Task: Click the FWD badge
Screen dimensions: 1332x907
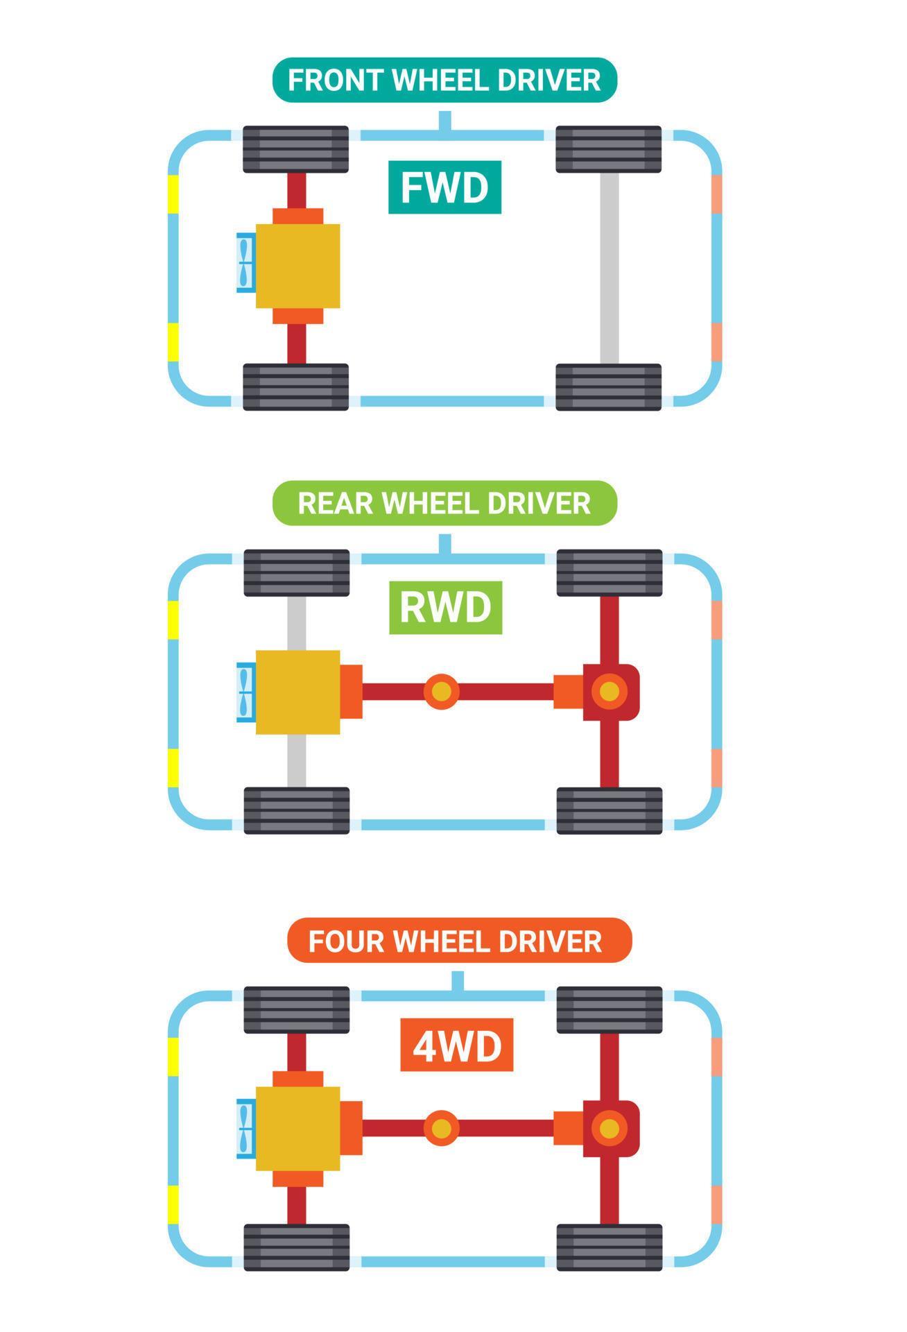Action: [444, 187]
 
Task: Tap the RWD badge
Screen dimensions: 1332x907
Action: [444, 607]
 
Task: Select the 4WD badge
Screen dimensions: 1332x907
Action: [457, 1045]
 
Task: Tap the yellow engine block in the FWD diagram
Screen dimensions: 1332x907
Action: [298, 266]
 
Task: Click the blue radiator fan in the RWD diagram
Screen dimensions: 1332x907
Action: [245, 692]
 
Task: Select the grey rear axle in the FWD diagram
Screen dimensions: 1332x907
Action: [610, 268]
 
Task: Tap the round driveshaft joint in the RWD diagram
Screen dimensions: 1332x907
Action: [442, 692]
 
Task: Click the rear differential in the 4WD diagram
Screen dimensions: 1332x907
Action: [610, 1128]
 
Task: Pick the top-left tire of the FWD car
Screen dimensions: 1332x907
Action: [295, 149]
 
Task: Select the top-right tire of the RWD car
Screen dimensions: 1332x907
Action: [610, 572]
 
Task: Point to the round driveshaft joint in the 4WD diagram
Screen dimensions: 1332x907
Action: [442, 1128]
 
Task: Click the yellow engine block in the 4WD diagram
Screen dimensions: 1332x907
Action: [298, 1128]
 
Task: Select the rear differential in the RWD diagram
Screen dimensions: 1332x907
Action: [610, 692]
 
